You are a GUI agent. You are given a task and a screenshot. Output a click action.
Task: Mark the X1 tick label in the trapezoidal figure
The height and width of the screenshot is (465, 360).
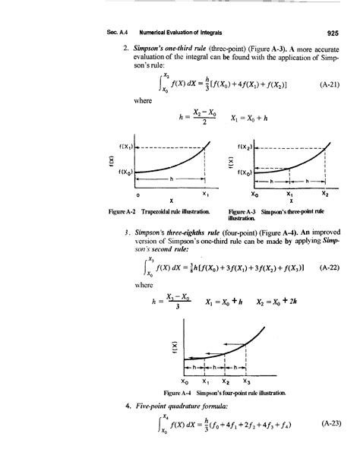[205, 195]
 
